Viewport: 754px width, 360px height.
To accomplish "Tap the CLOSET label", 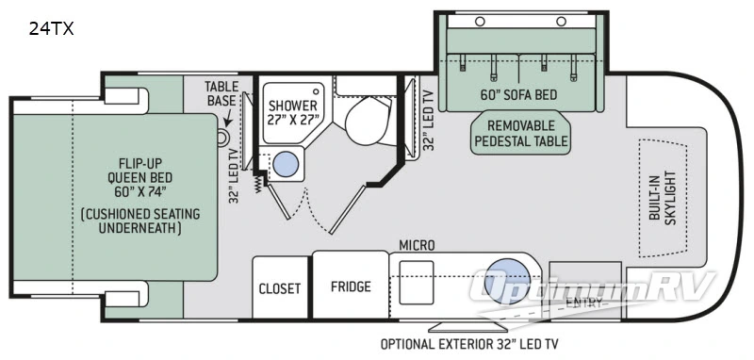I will pyautogui.click(x=280, y=287).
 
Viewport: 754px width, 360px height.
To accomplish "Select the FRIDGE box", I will pyautogui.click(x=350, y=286).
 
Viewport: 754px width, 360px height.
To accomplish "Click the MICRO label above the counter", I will pyautogui.click(x=416, y=245).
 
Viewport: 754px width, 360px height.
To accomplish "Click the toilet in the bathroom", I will pyautogui.click(x=362, y=123).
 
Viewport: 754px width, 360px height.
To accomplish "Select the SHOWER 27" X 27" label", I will pyautogui.click(x=292, y=111).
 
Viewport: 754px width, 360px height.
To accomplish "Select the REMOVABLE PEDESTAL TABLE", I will pyautogui.click(x=521, y=133).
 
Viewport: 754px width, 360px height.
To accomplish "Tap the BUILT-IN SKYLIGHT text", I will pyautogui.click(x=669, y=197).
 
